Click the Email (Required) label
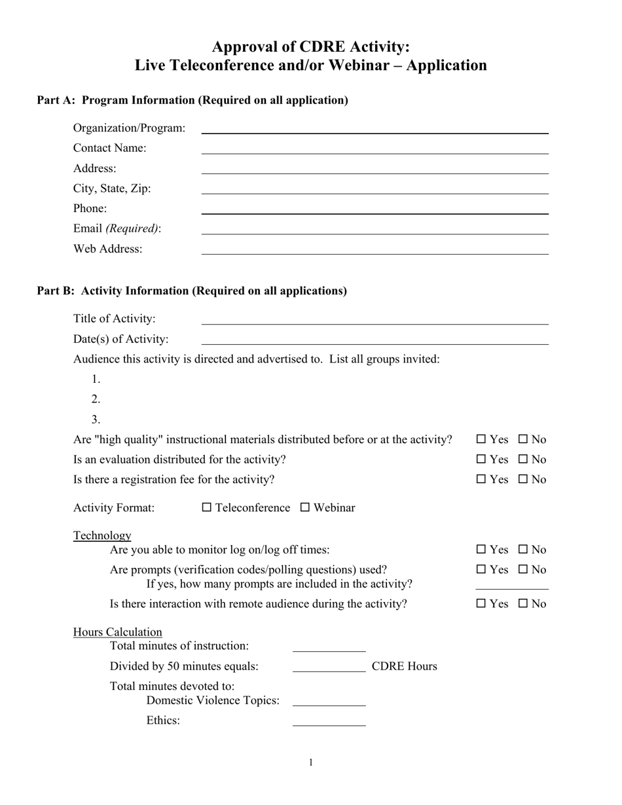[117, 228]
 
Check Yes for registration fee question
[481, 479]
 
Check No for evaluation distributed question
[523, 459]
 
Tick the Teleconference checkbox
[207, 507]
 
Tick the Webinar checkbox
[305, 507]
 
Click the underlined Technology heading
[102, 535]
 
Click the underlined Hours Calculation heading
[118, 632]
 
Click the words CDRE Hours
[404, 666]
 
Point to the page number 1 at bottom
[311, 762]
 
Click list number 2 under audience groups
[96, 399]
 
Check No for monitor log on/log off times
[523, 550]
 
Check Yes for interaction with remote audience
[481, 603]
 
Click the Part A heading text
[192, 100]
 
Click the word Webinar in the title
[361, 65]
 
